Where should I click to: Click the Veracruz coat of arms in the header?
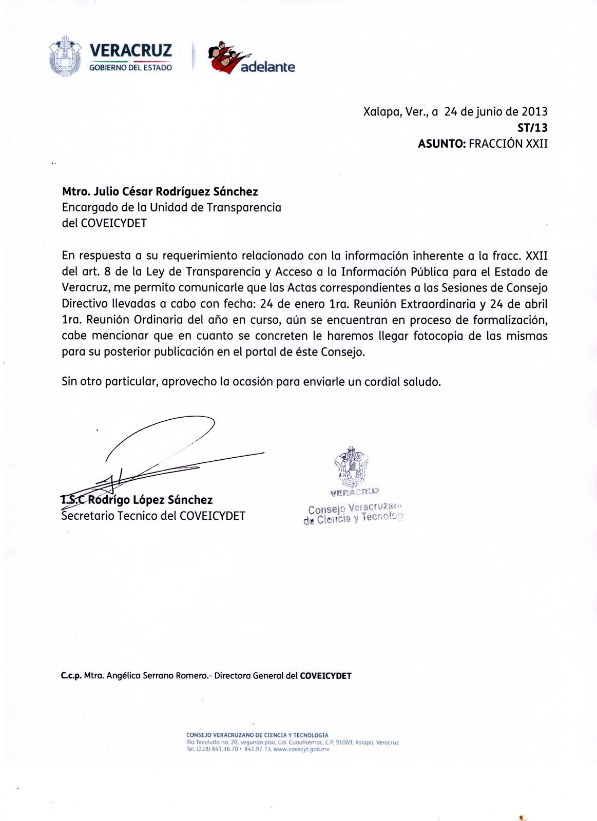[x=65, y=56]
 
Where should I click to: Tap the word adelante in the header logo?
[x=267, y=67]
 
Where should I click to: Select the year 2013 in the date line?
[x=534, y=111]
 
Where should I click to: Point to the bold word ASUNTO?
[x=441, y=144]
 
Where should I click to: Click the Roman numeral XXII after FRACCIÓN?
[x=536, y=144]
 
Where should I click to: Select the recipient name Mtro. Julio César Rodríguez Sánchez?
[x=160, y=191]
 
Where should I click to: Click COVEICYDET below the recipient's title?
[x=114, y=223]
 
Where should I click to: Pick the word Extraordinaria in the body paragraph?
[x=438, y=304]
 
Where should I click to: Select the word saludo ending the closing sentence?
[x=422, y=382]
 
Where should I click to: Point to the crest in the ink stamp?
[x=351, y=467]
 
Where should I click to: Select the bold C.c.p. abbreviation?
[x=71, y=676]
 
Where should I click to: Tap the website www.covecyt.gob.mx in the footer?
[x=301, y=750]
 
